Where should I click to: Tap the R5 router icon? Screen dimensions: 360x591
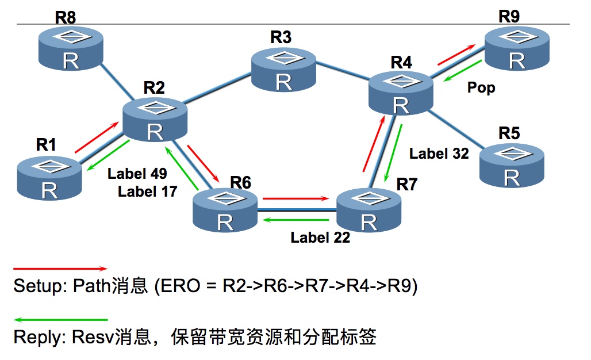[x=511, y=165]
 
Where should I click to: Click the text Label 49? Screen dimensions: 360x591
[x=137, y=173]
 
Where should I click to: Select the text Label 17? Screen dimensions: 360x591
[x=147, y=191]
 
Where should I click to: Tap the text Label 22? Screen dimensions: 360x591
[x=320, y=237]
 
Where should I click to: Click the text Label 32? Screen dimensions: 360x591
[x=439, y=154]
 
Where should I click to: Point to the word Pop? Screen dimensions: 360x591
[x=481, y=88]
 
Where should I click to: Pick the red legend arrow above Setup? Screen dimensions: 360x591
[x=60, y=268]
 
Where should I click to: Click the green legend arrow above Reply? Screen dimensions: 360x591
[x=60, y=319]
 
